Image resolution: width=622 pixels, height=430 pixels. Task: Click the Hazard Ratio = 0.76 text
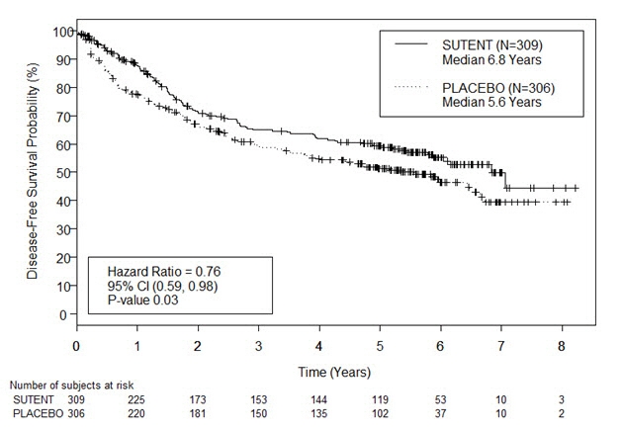pos(162,272)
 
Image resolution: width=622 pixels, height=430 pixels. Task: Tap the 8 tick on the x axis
pos(562,346)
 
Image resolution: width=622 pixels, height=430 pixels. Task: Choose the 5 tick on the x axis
pos(380,346)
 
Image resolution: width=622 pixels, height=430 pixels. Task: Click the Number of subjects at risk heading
pos(69,386)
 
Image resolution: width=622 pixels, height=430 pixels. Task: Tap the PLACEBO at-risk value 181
pos(198,413)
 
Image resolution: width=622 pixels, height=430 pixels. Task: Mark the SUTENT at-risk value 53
pos(440,399)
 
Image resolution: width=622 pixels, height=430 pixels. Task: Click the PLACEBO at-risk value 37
pos(440,413)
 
